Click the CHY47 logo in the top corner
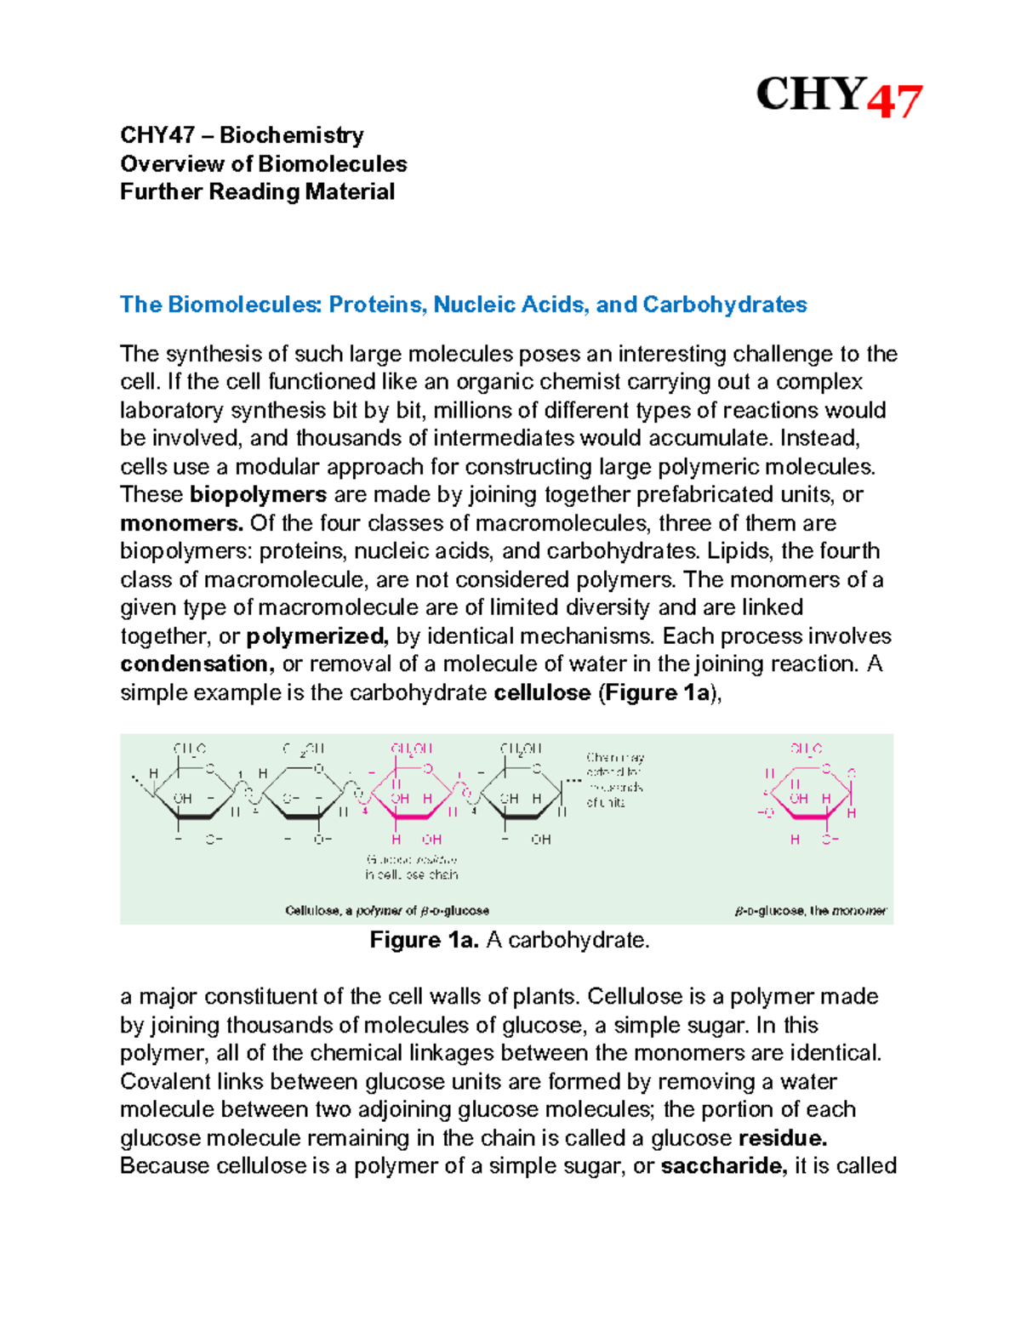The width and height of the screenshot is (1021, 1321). [838, 95]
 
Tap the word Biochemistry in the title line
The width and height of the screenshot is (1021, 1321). [292, 135]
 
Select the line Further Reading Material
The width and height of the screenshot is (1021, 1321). [257, 192]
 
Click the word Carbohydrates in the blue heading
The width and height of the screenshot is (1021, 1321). [724, 305]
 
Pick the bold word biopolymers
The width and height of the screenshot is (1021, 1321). [258, 495]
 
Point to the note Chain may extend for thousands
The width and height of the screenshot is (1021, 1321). [614, 779]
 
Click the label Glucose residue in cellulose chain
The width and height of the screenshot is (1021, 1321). [412, 867]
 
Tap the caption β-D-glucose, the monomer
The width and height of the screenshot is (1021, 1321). [810, 911]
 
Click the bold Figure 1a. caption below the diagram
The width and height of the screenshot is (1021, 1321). [425, 940]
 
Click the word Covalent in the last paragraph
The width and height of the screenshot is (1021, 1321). [164, 1082]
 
